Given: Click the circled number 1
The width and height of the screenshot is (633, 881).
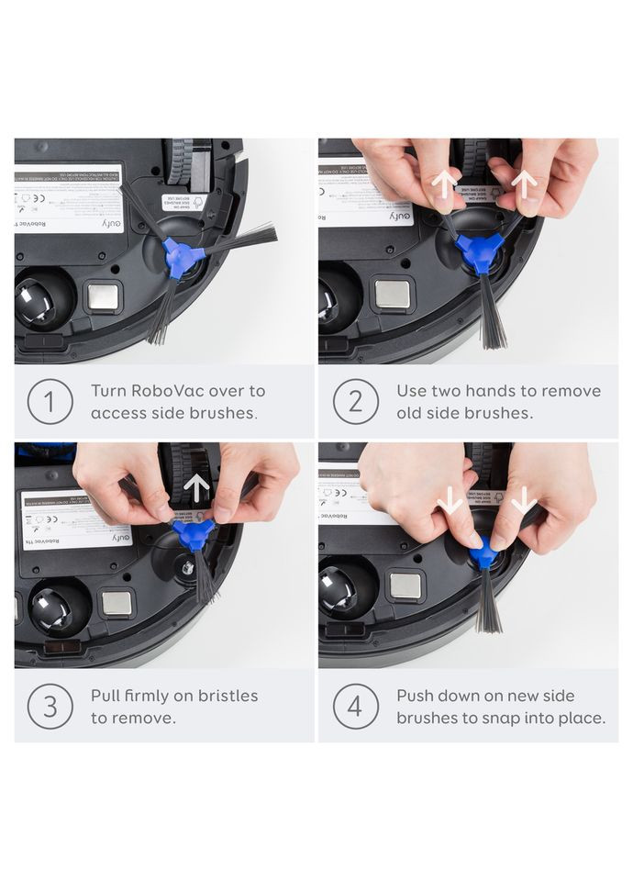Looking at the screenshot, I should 50,402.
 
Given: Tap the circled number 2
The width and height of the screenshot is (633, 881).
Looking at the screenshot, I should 355,402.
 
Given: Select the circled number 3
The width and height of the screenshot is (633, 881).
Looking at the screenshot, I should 50,706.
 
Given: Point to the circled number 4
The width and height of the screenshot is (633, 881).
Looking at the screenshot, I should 355,706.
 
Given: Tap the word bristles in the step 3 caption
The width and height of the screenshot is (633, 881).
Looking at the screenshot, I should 227,696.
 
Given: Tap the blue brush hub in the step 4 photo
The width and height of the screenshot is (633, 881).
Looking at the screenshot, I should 484,553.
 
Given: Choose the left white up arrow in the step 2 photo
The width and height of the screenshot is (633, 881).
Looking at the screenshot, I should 444,184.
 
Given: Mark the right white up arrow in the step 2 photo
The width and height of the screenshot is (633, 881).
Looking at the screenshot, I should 524,184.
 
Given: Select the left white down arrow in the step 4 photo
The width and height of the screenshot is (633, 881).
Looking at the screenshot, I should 449,501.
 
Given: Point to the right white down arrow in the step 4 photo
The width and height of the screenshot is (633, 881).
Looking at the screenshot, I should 524,501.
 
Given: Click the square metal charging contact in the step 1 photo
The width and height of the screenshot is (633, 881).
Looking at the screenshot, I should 103,296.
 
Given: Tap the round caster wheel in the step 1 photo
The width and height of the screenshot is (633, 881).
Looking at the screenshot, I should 41,301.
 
